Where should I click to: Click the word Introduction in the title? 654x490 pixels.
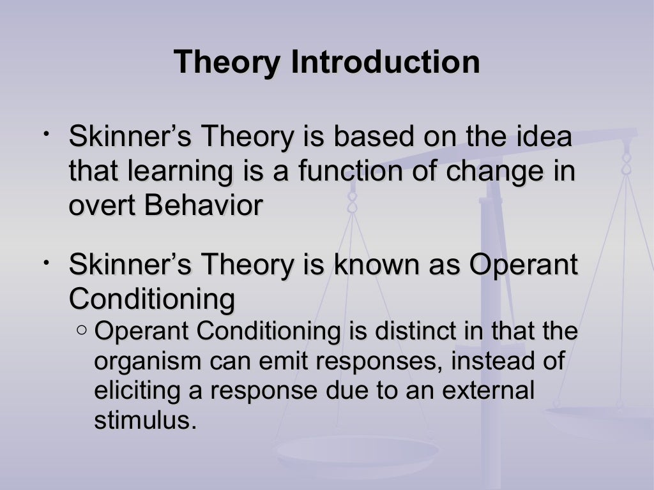385,63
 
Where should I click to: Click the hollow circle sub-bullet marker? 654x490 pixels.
82,330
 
